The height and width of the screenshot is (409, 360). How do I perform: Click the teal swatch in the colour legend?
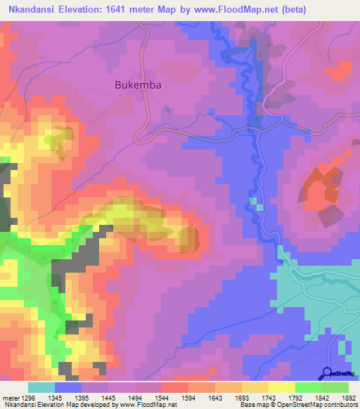pos(41,387)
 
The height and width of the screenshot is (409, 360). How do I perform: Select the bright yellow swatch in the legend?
pos(281,387)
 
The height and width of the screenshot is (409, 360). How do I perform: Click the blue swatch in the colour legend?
pos(67,387)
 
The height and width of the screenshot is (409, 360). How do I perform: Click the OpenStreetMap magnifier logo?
pos(327,373)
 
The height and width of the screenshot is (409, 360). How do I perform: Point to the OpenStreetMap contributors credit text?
pos(310,405)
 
